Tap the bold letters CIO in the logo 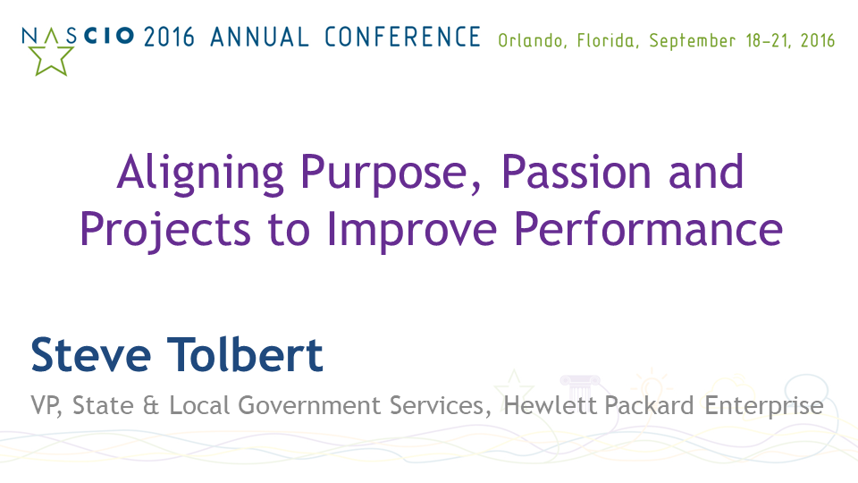(109, 36)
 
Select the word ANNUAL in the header (259, 38)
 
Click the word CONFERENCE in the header (402, 38)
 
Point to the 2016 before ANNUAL (169, 38)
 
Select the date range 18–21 (768, 41)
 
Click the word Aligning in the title (200, 173)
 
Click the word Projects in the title (165, 230)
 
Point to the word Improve (412, 230)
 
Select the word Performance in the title (649, 228)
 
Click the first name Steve (91, 355)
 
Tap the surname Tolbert (245, 354)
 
